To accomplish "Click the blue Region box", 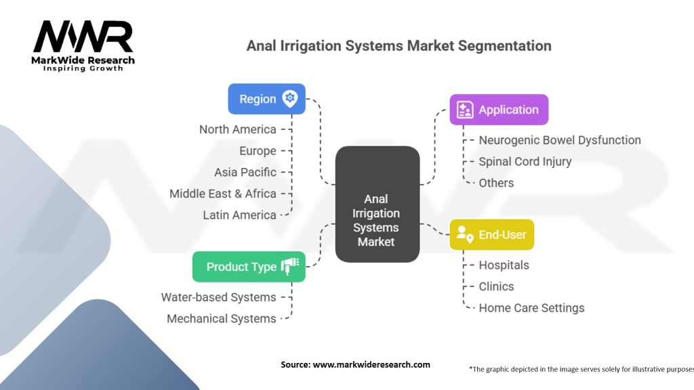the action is coord(267,99).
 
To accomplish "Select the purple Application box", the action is coord(499,110).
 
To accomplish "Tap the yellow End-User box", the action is coord(492,235).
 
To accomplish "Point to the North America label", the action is coord(237,129).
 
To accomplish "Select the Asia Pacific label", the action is coord(245,172).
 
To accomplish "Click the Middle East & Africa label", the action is coord(222,194).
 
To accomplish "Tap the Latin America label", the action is coord(239,215).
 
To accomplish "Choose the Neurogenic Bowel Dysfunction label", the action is coord(559,140).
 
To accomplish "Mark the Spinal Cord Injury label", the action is coord(525,161).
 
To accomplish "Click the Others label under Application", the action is coord(496,183).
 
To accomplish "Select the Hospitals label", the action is coord(504,265).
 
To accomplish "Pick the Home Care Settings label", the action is coord(531,308).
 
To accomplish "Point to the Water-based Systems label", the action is coord(218,297).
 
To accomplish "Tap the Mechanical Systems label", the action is coord(221,318).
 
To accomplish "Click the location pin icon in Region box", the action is coord(290,99).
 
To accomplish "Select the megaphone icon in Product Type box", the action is coord(289,266).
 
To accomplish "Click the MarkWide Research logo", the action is coord(84,45).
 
